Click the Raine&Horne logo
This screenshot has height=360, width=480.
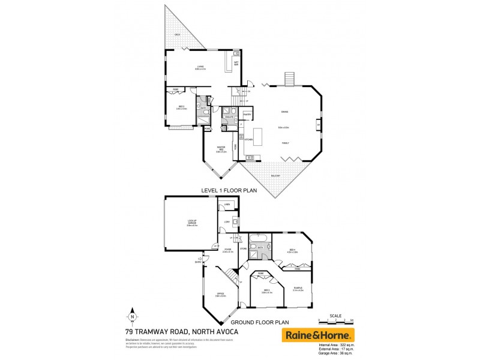click(x=319, y=334)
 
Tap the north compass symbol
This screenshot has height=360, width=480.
click(x=131, y=316)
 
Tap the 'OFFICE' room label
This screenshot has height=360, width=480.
click(x=220, y=294)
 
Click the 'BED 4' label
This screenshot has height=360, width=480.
click(x=292, y=250)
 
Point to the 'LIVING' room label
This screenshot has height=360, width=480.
click(x=200, y=67)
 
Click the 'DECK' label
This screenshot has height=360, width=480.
click(x=178, y=35)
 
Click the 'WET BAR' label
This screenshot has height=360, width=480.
click(x=236, y=63)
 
